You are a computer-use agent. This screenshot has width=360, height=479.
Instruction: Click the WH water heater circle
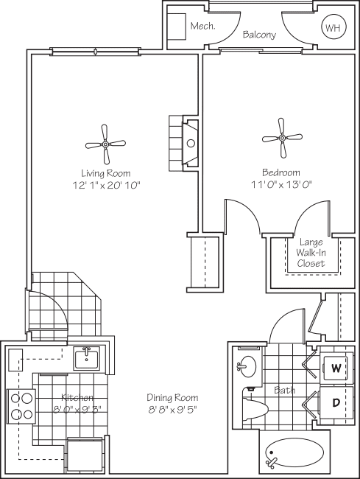(333, 28)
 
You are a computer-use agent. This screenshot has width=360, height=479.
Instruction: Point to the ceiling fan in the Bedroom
(282, 137)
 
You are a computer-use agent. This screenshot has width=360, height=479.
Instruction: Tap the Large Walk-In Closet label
(310, 252)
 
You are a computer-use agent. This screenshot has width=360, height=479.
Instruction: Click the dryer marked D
(336, 402)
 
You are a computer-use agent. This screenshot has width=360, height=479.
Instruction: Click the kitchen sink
(88, 359)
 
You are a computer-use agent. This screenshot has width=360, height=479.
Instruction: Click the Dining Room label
(172, 397)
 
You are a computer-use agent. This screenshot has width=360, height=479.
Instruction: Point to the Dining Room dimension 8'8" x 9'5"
(172, 409)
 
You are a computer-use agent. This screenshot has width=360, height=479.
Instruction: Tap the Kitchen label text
(77, 397)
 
